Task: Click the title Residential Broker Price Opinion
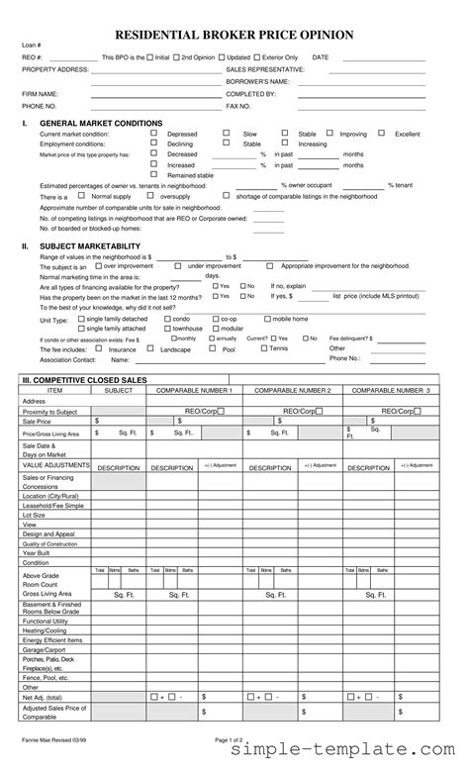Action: (x=234, y=35)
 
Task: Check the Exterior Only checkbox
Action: (x=257, y=58)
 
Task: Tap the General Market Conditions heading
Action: (x=100, y=123)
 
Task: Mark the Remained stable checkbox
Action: (x=154, y=175)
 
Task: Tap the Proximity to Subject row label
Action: (x=49, y=411)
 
